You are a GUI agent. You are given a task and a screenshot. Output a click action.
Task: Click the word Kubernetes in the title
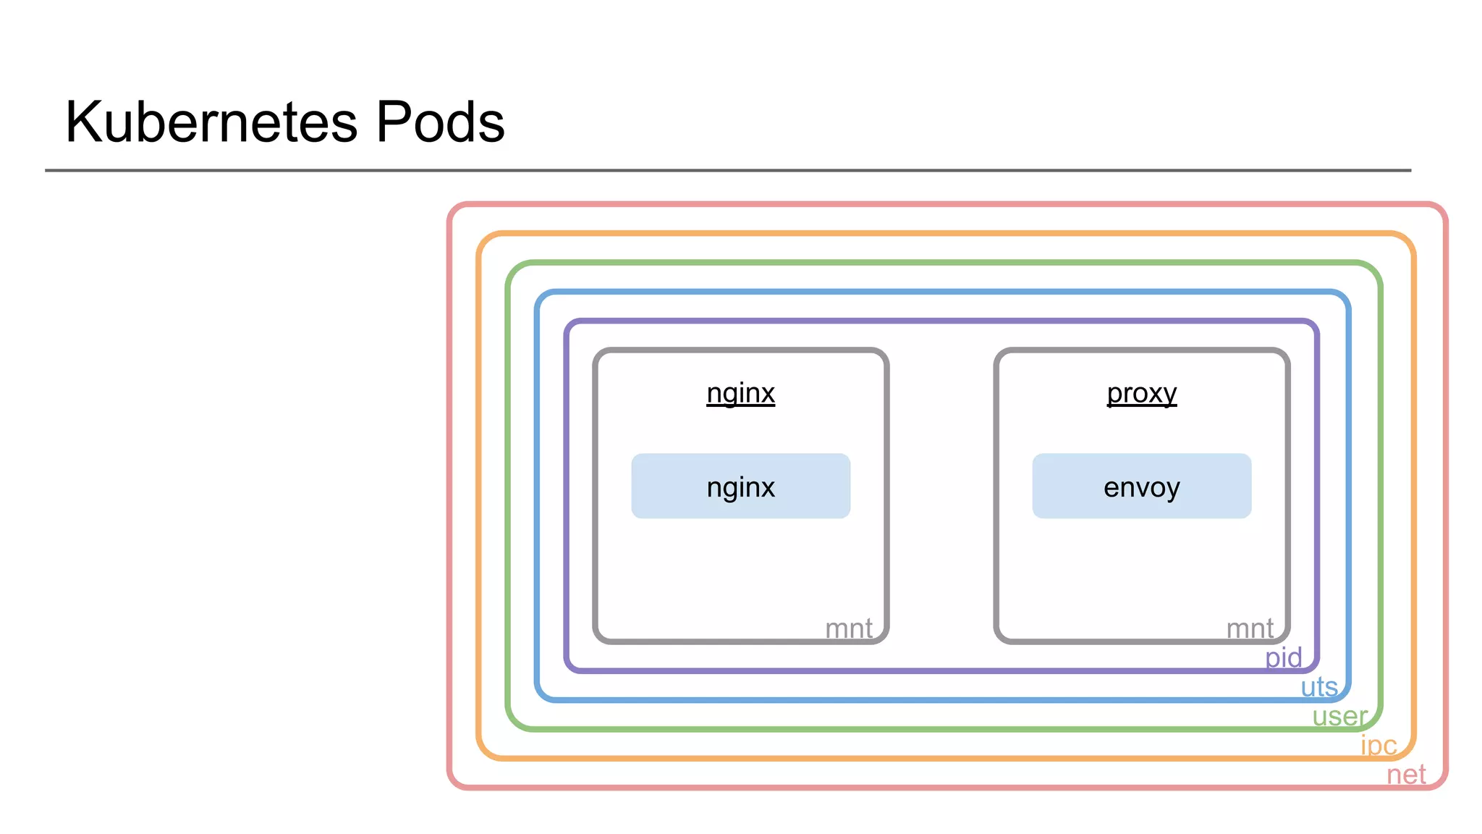[x=211, y=122]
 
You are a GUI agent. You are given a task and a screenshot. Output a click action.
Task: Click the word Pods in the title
[x=440, y=122]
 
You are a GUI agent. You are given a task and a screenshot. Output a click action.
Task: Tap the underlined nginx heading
[x=740, y=393]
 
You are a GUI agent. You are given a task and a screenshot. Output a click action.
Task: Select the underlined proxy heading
[x=1141, y=393]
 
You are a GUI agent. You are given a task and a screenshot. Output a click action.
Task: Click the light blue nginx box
[x=740, y=486]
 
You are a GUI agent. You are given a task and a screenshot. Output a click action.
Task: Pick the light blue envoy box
[x=1141, y=486]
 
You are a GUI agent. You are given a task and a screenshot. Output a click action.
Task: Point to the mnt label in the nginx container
[x=848, y=628]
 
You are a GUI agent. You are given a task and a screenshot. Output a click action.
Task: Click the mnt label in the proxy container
[x=1250, y=628]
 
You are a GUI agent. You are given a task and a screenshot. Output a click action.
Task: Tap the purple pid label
[x=1283, y=657]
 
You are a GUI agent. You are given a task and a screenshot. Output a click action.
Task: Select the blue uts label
[x=1318, y=686]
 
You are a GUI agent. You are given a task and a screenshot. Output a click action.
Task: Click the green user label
[x=1339, y=716]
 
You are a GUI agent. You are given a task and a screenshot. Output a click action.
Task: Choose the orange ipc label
[x=1379, y=745]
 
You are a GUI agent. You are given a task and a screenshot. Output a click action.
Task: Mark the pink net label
[x=1406, y=775]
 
